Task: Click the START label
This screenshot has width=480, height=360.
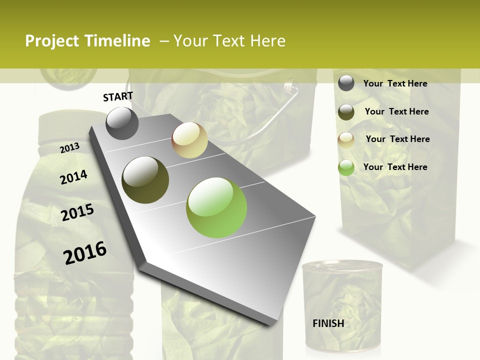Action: coord(118,96)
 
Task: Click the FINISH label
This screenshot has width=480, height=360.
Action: coord(328,323)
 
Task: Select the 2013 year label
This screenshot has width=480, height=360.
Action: coord(69,148)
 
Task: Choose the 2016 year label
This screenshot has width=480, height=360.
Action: coord(85,252)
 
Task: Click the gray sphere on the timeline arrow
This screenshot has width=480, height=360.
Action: coord(122,123)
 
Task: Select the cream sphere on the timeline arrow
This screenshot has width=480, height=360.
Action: coord(189,140)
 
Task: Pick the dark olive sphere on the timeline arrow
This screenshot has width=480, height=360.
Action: coord(145,180)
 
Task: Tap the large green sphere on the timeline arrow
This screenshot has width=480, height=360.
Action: coord(216,207)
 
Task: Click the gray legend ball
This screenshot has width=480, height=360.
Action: coord(346,83)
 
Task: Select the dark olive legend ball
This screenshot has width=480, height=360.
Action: coord(346,112)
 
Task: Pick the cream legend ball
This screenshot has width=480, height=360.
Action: coord(346,140)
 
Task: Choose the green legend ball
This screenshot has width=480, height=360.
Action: coord(346,167)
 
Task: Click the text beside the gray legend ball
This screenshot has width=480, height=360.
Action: coord(395,83)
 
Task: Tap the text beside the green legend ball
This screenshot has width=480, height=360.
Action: coord(395,167)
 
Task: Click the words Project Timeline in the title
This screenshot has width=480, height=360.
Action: coord(87,41)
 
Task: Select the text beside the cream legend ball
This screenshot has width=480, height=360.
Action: coord(397,139)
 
